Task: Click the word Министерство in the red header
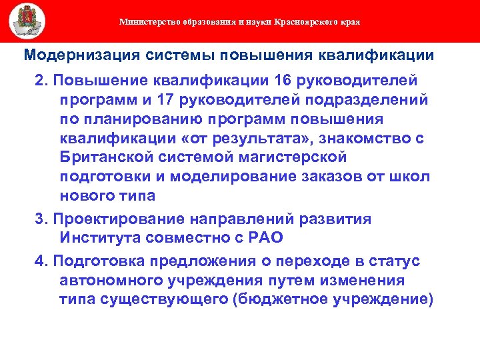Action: tap(143, 22)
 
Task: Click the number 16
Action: tap(281, 81)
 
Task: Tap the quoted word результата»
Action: tap(275, 138)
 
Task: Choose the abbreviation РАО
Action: tap(265, 238)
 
